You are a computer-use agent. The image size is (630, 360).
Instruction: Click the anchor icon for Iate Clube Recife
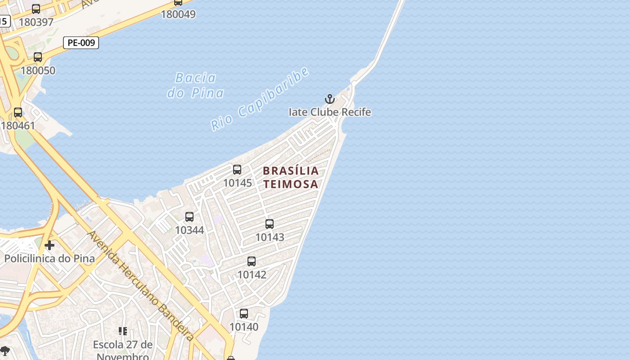coord(330,99)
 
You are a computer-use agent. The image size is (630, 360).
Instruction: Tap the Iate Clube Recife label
coord(330,112)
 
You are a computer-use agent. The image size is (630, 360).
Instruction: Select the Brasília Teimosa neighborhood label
coord(291,177)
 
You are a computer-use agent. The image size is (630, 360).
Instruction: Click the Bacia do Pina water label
coord(196,85)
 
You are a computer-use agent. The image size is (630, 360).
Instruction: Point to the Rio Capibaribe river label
coord(261,99)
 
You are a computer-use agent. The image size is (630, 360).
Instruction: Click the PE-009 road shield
coord(81,43)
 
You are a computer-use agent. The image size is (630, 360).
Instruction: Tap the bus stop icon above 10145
coord(237,170)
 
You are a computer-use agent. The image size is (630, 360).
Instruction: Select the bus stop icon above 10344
coord(189,217)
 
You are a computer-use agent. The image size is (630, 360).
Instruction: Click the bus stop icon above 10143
coord(270,224)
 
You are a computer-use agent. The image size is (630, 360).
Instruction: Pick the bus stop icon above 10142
coord(252,261)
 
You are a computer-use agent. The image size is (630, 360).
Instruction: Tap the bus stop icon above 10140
coord(244,314)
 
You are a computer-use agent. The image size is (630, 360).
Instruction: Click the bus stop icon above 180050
coord(38,57)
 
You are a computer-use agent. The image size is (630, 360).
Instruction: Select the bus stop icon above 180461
coord(18,112)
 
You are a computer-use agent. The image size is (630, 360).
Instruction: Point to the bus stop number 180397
coord(36,22)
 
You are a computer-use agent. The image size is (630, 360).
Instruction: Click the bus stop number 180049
coord(178,14)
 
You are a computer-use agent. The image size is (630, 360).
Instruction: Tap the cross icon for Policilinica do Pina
coord(49,245)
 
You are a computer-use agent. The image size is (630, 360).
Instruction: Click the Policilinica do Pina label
coord(49,259)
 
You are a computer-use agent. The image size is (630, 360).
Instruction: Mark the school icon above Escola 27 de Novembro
coord(122,332)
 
